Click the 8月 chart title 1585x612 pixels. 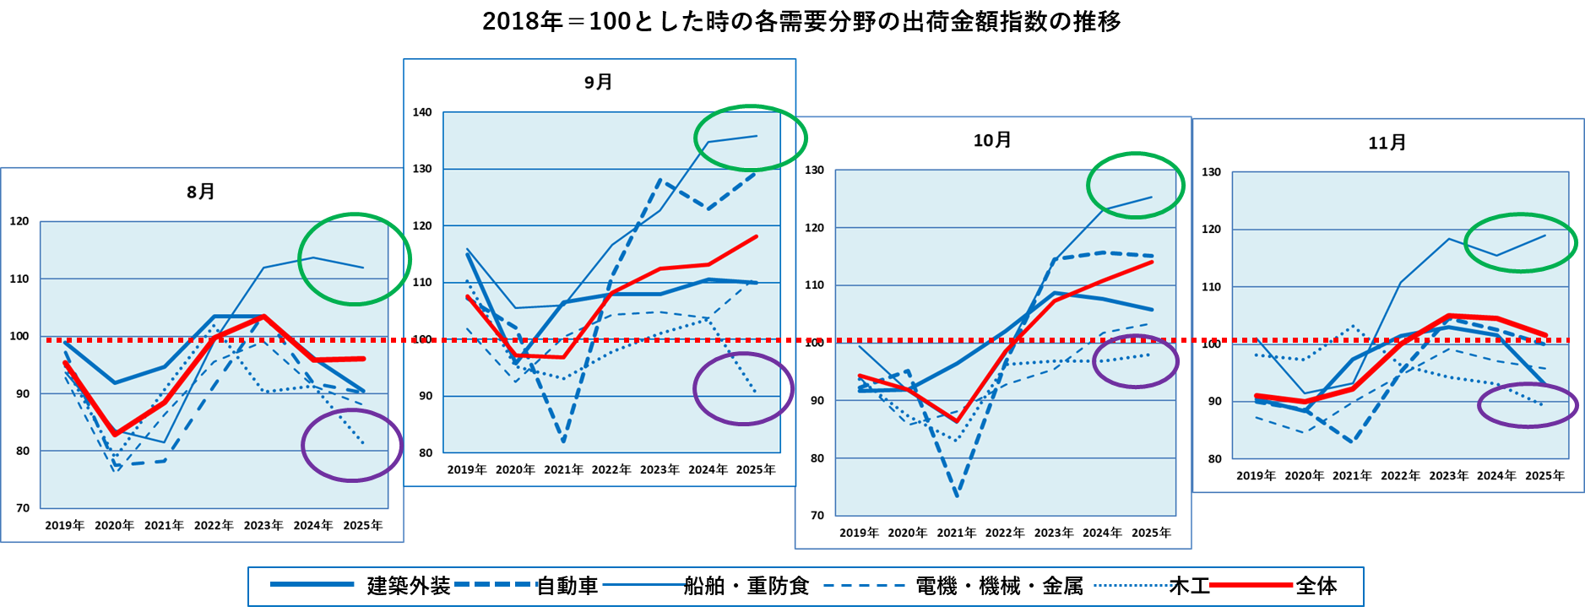[x=201, y=192]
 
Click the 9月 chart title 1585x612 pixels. [x=599, y=83]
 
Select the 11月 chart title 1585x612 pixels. [x=1387, y=144]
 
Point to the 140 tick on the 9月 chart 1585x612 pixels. [x=422, y=112]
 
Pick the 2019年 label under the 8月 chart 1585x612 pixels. [x=65, y=526]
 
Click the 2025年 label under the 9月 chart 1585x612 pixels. [x=756, y=470]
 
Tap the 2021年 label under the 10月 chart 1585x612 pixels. [x=956, y=533]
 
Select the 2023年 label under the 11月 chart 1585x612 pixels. [x=1448, y=476]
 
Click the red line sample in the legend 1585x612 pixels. [x=1251, y=584]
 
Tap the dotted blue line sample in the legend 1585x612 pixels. [x=1135, y=584]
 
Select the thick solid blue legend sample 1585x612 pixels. [x=312, y=584]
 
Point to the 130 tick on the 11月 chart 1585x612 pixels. [x=1212, y=172]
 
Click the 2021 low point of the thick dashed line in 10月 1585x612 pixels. [x=957, y=496]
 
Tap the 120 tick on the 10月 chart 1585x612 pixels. [x=814, y=228]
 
